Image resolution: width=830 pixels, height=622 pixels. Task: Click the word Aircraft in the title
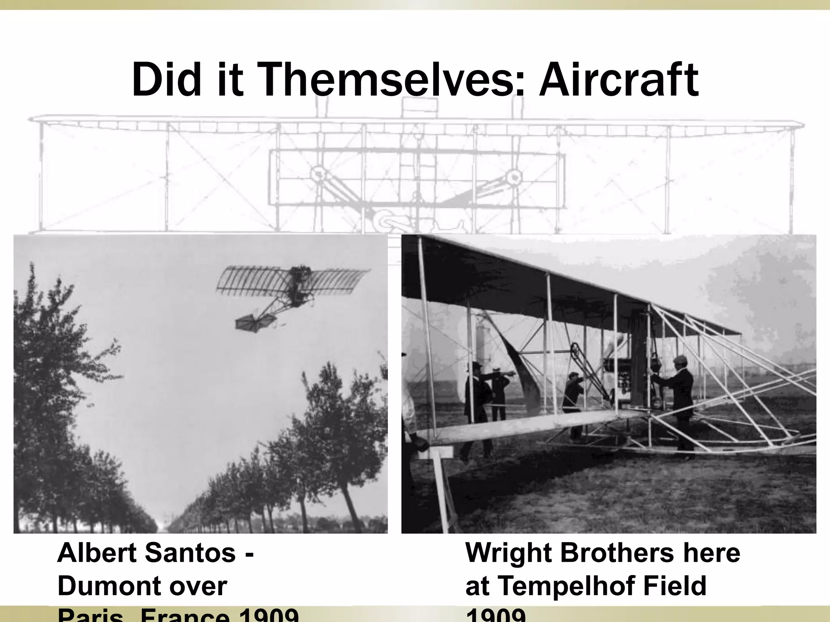pyautogui.click(x=618, y=80)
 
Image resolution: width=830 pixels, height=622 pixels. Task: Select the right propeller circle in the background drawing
pyautogui.click(x=514, y=177)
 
